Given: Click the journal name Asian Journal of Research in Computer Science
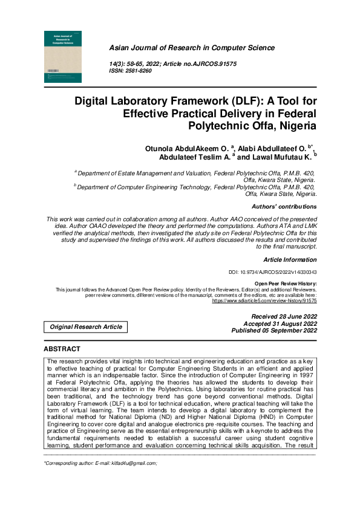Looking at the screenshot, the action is coord(191,48).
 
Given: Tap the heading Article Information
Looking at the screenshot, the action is coord(290,259).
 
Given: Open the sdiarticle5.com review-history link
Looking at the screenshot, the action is coord(264,300).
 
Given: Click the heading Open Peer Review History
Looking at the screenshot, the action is coord(285,284).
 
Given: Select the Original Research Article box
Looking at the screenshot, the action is coord(86,327).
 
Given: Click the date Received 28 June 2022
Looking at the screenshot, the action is coord(284,317).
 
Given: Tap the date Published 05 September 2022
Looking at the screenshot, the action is coord(274,331).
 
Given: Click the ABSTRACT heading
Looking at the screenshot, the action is coord(62,349).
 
